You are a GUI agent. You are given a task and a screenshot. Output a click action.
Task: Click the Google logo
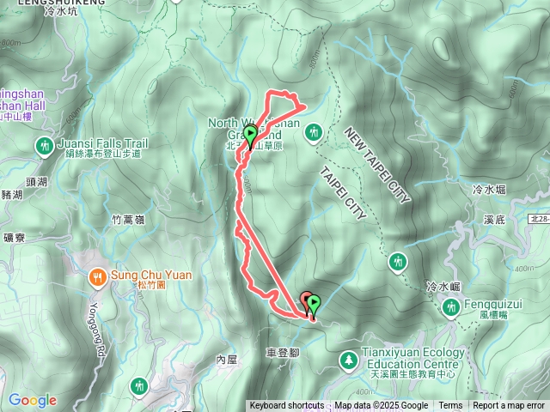pos(33,400)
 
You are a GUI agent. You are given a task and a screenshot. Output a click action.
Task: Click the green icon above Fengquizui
pos(450,307)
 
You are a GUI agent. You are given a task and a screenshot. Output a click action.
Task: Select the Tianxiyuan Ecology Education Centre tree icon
pos(348,360)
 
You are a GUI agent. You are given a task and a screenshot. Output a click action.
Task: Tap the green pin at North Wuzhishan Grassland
pos(250,136)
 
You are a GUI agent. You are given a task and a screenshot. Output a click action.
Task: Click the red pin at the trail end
pos(306,301)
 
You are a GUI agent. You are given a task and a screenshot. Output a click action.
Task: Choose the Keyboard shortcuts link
pos(287,406)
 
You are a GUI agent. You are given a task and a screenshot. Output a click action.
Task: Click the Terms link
pos(450,406)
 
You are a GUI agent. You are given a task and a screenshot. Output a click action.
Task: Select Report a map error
pos(510,406)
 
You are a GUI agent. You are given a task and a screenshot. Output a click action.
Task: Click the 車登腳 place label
pos(283,354)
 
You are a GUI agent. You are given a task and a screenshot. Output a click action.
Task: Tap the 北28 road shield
pos(540,221)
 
